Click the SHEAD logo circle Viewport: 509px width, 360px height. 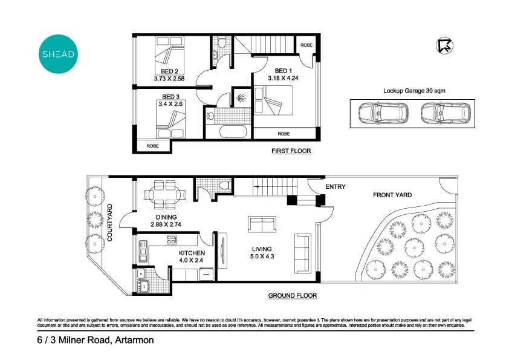pos(58,54)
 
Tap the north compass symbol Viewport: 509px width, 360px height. pos(444,45)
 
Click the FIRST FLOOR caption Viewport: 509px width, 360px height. pos(291,151)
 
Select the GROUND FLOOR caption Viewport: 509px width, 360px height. pos(293,296)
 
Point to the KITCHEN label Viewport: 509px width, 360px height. pos(192,253)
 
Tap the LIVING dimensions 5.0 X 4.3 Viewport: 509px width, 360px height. pos(262,257)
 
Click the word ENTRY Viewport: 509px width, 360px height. pos(336,187)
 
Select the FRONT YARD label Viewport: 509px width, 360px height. pos(392,195)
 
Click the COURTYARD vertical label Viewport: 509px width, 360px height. pos(111,223)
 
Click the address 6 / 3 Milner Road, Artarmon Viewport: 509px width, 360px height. pos(96,341)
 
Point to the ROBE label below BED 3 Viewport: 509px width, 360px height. pos(152,146)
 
